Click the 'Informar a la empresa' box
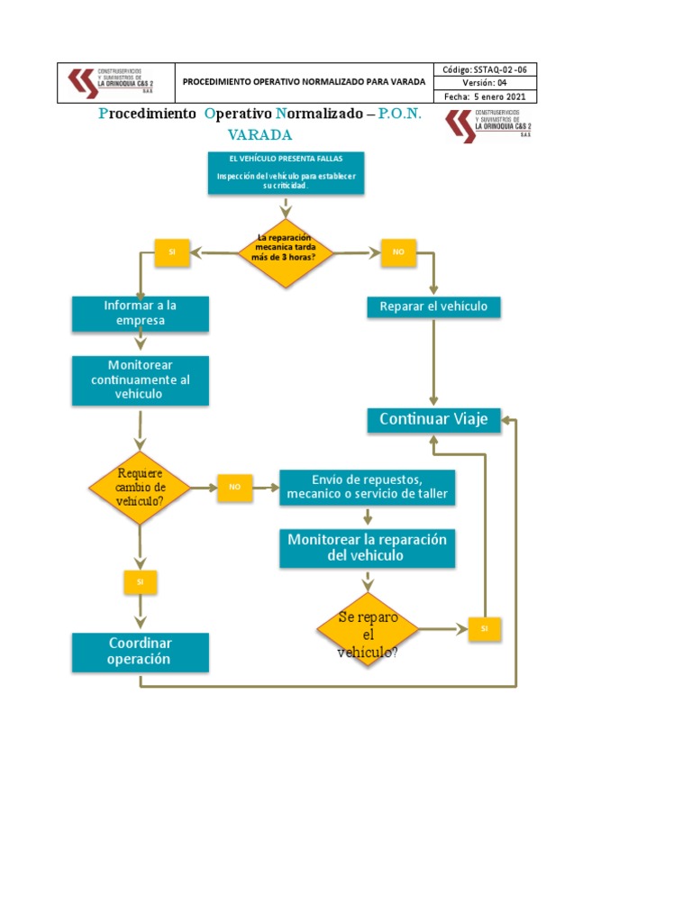tap(141, 313)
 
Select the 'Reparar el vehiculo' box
tap(433, 307)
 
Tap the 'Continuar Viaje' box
tap(433, 419)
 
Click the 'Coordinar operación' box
tap(141, 652)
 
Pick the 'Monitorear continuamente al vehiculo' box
tap(141, 379)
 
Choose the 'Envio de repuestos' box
tap(368, 487)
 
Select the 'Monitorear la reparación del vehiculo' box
tap(368, 547)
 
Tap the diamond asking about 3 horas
tap(286, 253)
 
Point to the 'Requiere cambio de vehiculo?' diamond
tap(140, 488)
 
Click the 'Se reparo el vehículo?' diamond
tap(368, 629)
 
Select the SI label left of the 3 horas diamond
tap(171, 253)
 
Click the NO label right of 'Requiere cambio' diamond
tap(234, 487)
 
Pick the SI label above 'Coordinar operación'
tap(140, 582)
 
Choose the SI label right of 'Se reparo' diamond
tap(484, 629)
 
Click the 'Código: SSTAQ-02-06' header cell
tap(487, 69)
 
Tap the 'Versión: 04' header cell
tap(487, 83)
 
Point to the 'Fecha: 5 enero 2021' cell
tap(487, 96)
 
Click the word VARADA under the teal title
tap(259, 135)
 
